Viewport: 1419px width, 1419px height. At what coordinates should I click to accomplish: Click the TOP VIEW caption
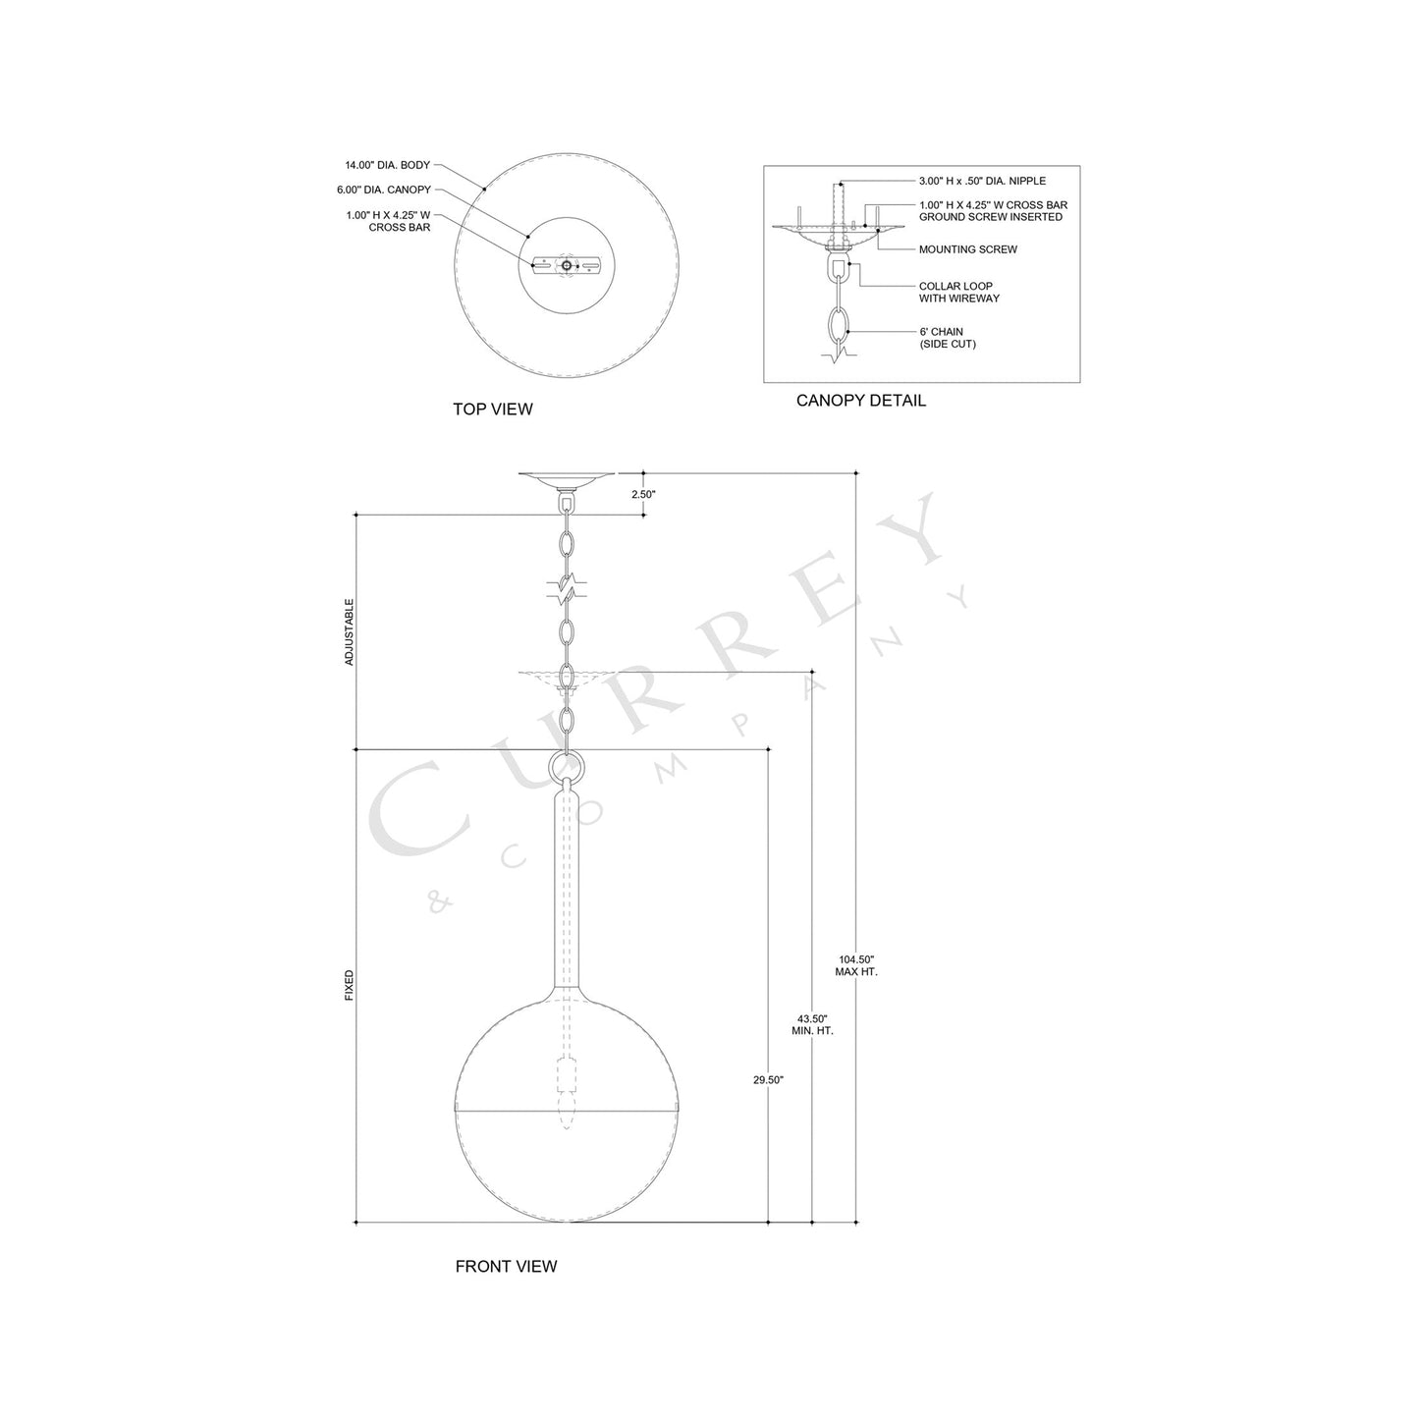[492, 409]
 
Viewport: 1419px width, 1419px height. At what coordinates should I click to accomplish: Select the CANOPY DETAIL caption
[860, 401]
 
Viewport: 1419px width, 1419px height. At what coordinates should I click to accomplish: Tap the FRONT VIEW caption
[506, 1266]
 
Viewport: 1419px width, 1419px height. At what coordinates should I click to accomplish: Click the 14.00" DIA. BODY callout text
[387, 166]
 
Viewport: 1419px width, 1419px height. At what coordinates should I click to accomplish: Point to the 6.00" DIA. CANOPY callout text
[383, 191]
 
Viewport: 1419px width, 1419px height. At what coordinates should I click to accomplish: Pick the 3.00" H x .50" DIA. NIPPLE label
[982, 181]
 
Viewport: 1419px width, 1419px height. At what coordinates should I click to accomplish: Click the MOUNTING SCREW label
[967, 249]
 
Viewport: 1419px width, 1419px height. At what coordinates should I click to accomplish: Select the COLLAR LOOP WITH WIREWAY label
[958, 293]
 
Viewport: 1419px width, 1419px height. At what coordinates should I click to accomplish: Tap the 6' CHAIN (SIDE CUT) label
[948, 338]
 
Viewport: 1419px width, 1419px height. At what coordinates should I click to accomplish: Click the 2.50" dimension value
[642, 495]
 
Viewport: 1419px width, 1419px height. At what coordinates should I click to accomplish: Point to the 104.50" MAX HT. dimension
[856, 965]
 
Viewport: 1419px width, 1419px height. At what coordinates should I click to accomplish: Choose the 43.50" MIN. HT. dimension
[811, 1025]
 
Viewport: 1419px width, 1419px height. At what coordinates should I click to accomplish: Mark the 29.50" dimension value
[768, 1079]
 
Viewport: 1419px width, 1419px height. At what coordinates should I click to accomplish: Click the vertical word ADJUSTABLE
[349, 632]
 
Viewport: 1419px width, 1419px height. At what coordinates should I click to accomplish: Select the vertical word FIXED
[349, 986]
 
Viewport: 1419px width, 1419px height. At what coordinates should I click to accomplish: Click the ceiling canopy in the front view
[566, 480]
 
